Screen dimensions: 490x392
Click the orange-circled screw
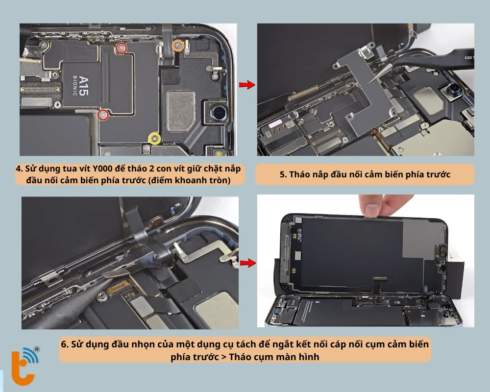tap(177, 46)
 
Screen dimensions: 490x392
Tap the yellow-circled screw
tap(155, 139)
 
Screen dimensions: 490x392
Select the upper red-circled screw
tap(121, 49)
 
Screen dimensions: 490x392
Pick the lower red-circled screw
tap(103, 115)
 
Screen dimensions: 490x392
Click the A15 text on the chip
tap(84, 86)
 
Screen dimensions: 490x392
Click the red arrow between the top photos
tap(247, 84)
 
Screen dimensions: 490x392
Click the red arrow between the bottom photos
tap(247, 263)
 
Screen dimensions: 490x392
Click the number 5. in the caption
tap(283, 174)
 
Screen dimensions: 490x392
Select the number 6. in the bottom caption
tap(65, 344)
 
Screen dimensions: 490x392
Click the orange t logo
tap(23, 367)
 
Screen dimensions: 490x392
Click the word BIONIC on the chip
tap(75, 86)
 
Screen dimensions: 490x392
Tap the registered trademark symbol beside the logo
tap(37, 349)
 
